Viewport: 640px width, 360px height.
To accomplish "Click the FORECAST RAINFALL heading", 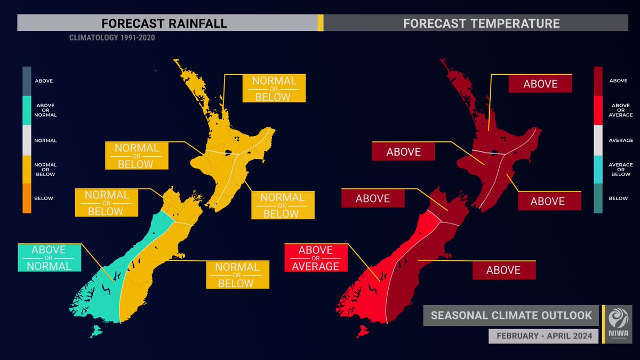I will [x=164, y=23].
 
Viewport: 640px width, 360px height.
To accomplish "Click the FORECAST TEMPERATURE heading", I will [x=481, y=23].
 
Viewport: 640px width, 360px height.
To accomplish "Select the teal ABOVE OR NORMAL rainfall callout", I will [x=49, y=258].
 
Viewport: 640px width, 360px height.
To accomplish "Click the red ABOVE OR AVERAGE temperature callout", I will [x=316, y=258].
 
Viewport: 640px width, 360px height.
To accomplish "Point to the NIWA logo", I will [x=618, y=323].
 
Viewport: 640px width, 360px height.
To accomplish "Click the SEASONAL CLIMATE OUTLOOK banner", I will [x=511, y=315].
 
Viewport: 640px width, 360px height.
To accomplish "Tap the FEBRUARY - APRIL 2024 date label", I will [x=541, y=336].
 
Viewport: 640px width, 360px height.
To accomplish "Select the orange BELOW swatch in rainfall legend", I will [x=27, y=198].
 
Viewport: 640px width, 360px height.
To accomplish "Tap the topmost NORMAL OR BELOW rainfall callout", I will [x=274, y=88].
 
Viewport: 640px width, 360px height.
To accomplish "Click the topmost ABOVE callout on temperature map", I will [x=540, y=84].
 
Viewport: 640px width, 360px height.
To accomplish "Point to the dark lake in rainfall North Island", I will [x=228, y=153].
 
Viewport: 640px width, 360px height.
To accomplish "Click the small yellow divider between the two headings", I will [x=321, y=23].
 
